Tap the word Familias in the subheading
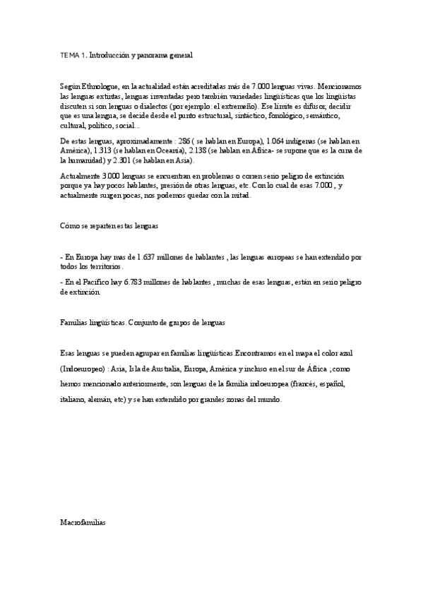tap(74, 321)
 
